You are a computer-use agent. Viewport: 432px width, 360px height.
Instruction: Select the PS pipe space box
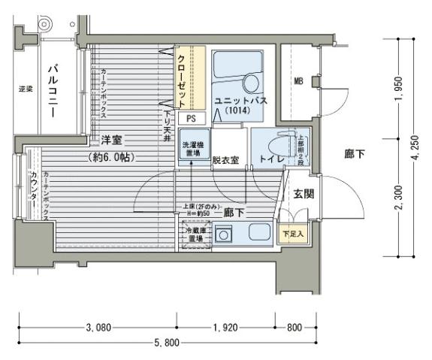coord(192,118)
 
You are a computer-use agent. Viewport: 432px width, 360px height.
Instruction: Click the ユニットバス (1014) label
coord(237,104)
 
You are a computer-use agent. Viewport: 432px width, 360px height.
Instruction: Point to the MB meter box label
coord(298,81)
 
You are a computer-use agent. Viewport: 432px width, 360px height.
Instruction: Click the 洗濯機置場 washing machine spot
coord(192,144)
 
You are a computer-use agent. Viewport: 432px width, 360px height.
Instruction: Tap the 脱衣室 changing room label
coord(225,160)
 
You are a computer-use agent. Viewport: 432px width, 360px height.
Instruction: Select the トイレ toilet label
coord(271,160)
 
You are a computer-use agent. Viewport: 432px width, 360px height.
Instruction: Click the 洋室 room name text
coord(113,141)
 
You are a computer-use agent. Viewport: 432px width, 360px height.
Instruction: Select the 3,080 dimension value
coord(98,327)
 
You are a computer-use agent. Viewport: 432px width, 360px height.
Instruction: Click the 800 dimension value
coord(295,327)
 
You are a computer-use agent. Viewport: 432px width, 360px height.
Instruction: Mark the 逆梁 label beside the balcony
coord(25,90)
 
